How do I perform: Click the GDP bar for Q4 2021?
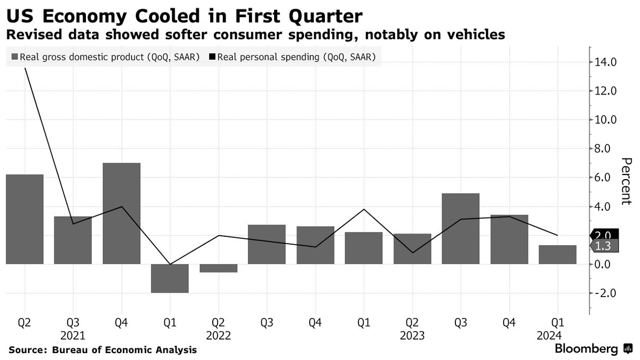122,213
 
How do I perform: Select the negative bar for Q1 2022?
170,278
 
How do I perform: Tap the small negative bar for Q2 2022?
218,268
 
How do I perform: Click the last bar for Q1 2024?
557,254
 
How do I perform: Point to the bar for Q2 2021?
25,219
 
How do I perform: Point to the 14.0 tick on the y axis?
606,62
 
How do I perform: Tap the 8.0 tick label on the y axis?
606,149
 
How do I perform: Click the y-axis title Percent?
627,181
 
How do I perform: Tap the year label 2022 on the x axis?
218,335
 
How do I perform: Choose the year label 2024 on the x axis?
557,335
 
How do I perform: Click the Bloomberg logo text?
587,349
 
